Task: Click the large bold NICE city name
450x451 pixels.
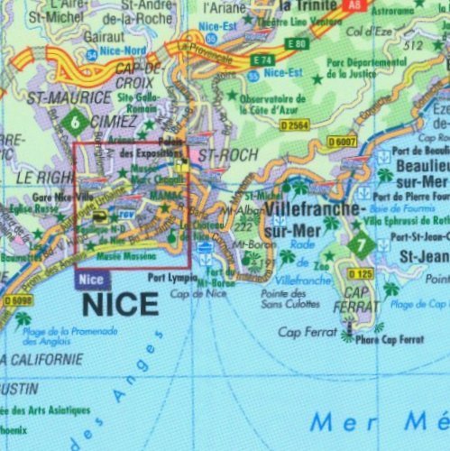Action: (x=120, y=304)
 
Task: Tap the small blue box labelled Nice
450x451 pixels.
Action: (x=92, y=280)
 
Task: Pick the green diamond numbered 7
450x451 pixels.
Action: (x=362, y=244)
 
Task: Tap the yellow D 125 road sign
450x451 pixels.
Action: (x=361, y=273)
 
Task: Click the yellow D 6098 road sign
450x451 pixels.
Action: (x=17, y=300)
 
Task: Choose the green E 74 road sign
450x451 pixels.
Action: (x=262, y=60)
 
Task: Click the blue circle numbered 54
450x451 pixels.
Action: (x=91, y=55)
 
